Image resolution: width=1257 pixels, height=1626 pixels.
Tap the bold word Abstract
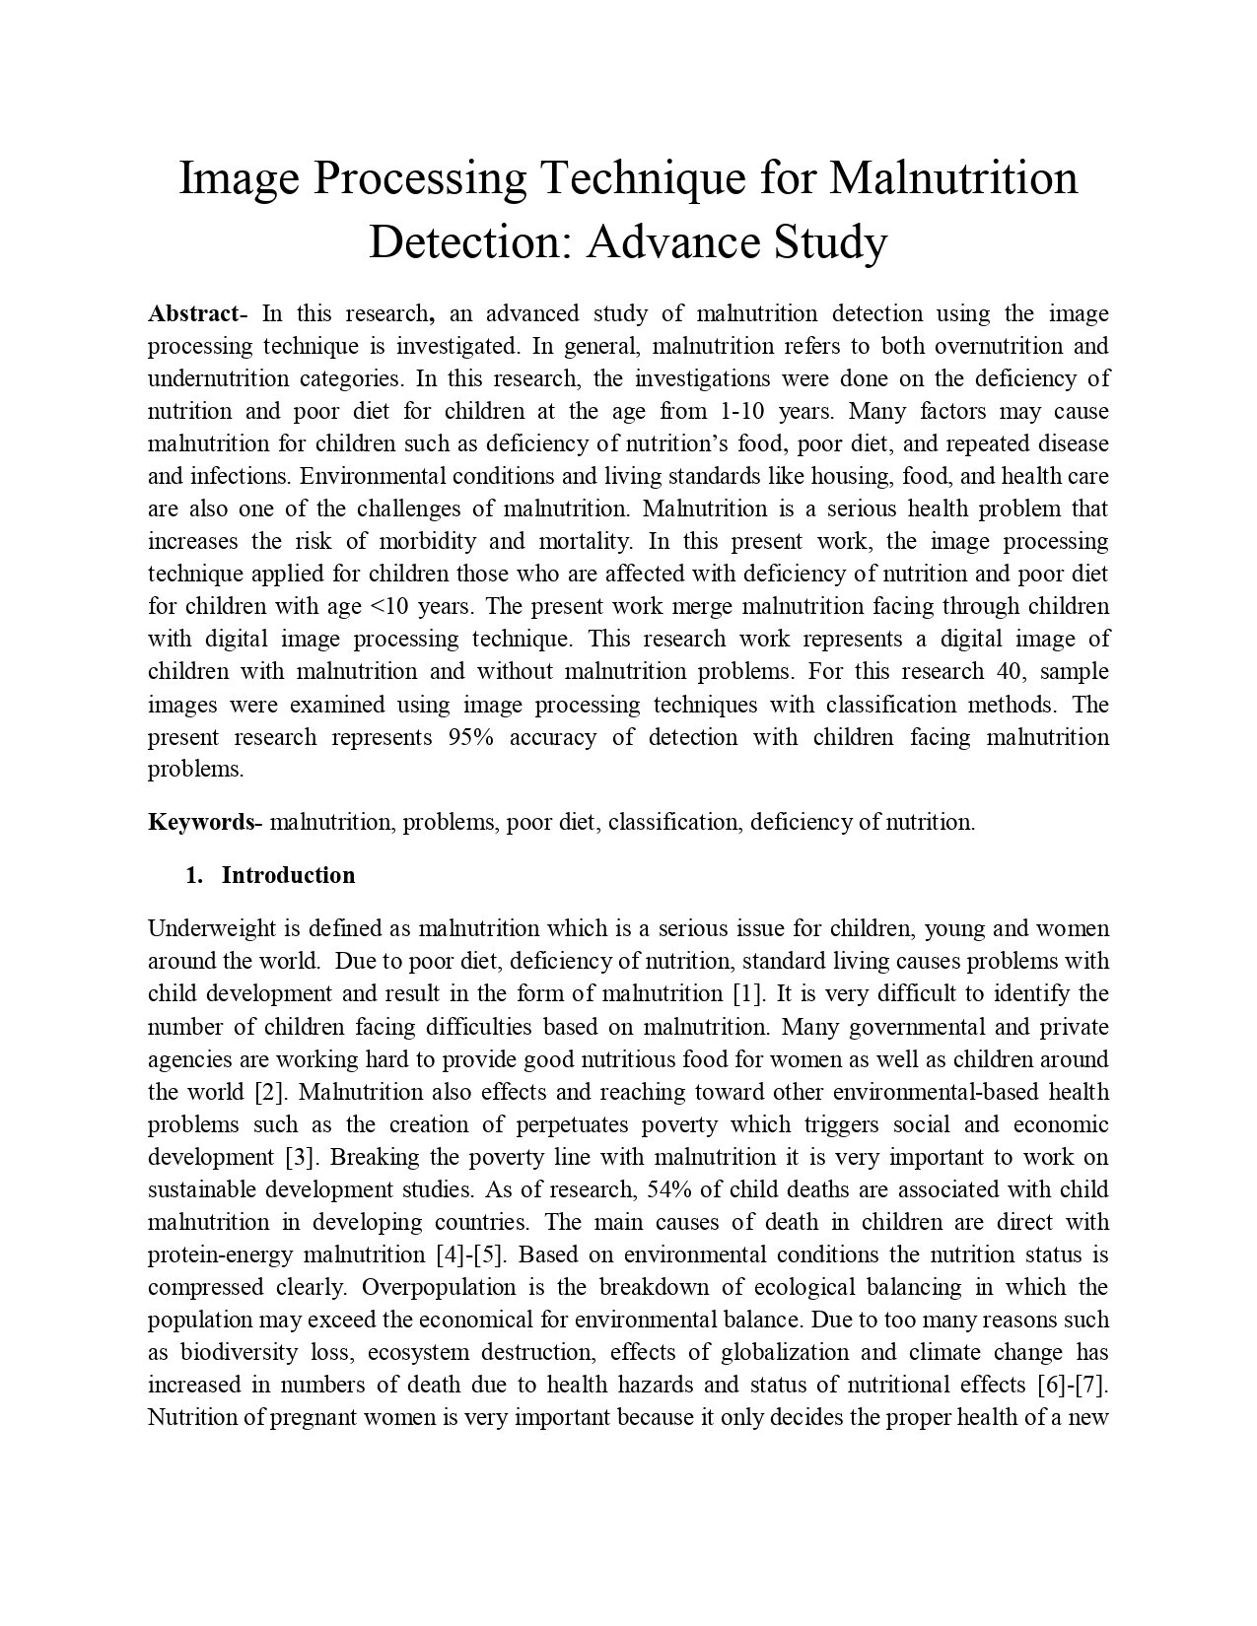pyautogui.click(x=193, y=314)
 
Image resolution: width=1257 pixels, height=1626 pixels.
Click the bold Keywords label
pyautogui.click(x=201, y=822)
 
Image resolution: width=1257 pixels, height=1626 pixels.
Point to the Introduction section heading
pyautogui.click(x=288, y=875)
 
